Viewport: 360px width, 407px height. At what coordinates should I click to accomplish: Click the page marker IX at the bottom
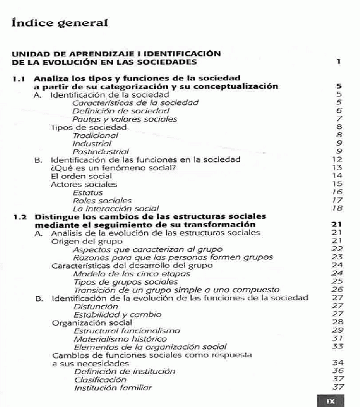(x=330, y=400)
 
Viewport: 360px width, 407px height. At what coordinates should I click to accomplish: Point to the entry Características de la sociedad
(x=135, y=102)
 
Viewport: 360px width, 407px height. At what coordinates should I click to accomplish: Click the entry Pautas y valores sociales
(x=124, y=119)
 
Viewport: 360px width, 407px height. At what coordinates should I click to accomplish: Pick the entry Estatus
(x=87, y=192)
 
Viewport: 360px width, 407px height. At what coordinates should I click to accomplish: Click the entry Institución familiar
(x=113, y=387)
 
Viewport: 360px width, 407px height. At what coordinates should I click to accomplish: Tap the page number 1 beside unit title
(x=339, y=61)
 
